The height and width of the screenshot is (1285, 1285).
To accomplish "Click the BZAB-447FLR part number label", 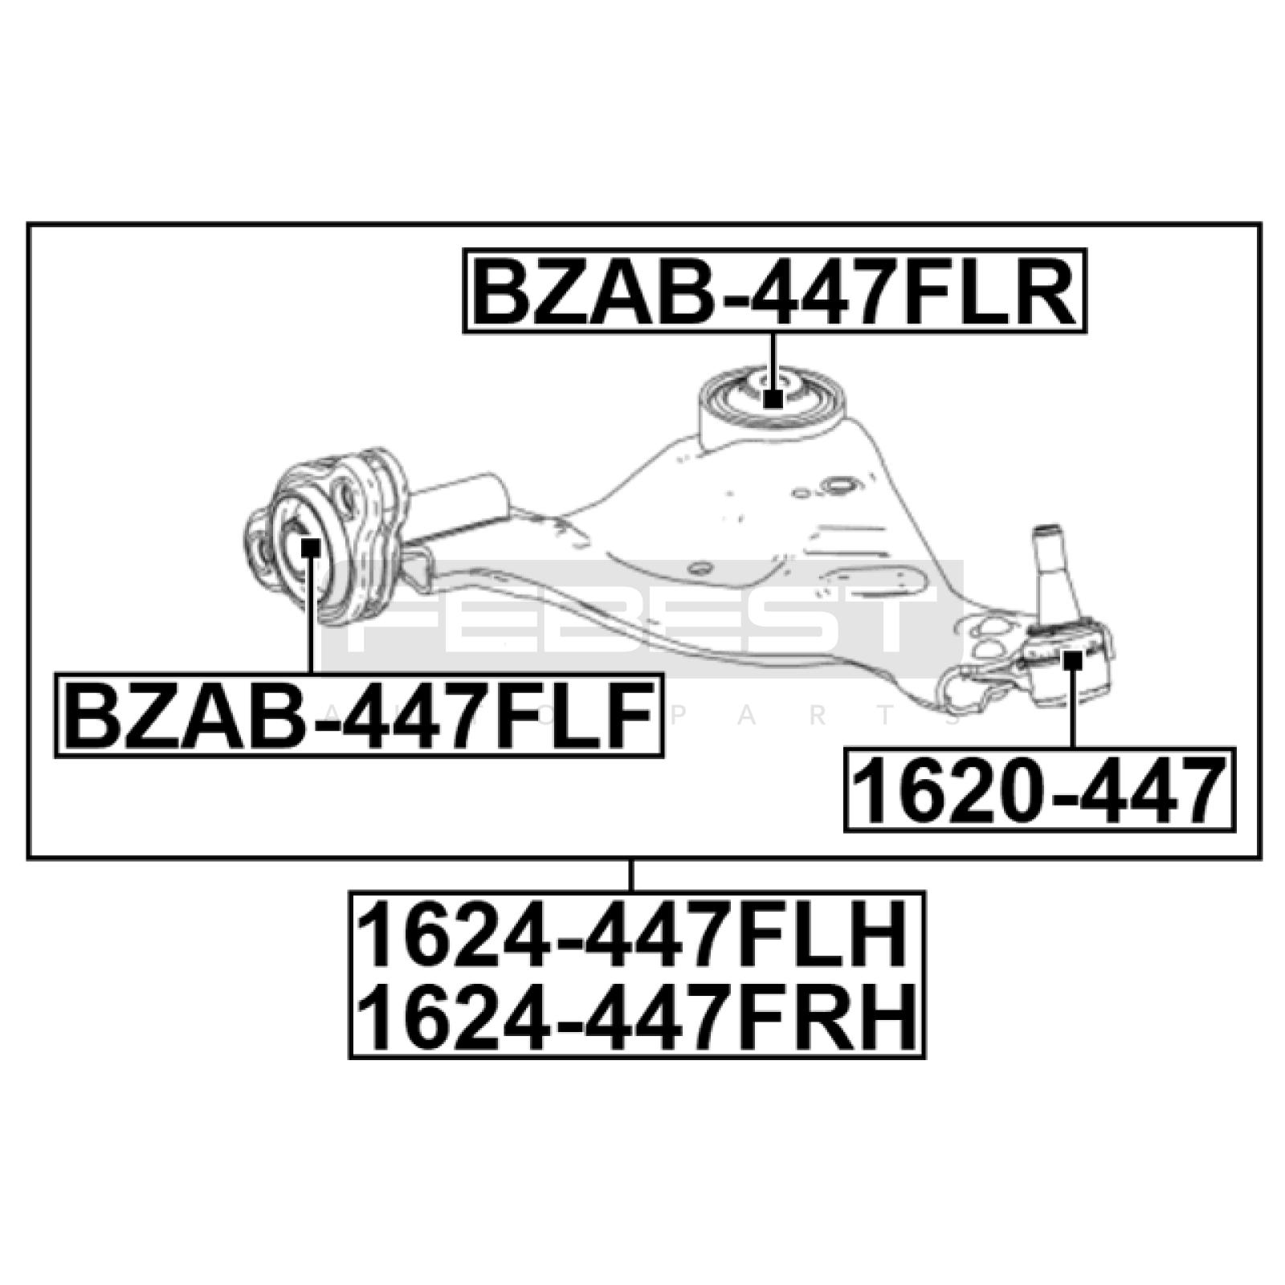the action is [774, 291].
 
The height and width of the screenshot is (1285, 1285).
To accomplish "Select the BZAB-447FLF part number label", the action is [359, 715].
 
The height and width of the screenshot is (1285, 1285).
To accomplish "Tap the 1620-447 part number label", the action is [1039, 789].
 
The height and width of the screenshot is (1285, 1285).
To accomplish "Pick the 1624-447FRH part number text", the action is [637, 1015].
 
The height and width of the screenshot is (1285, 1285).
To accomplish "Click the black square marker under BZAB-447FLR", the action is [773, 398].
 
